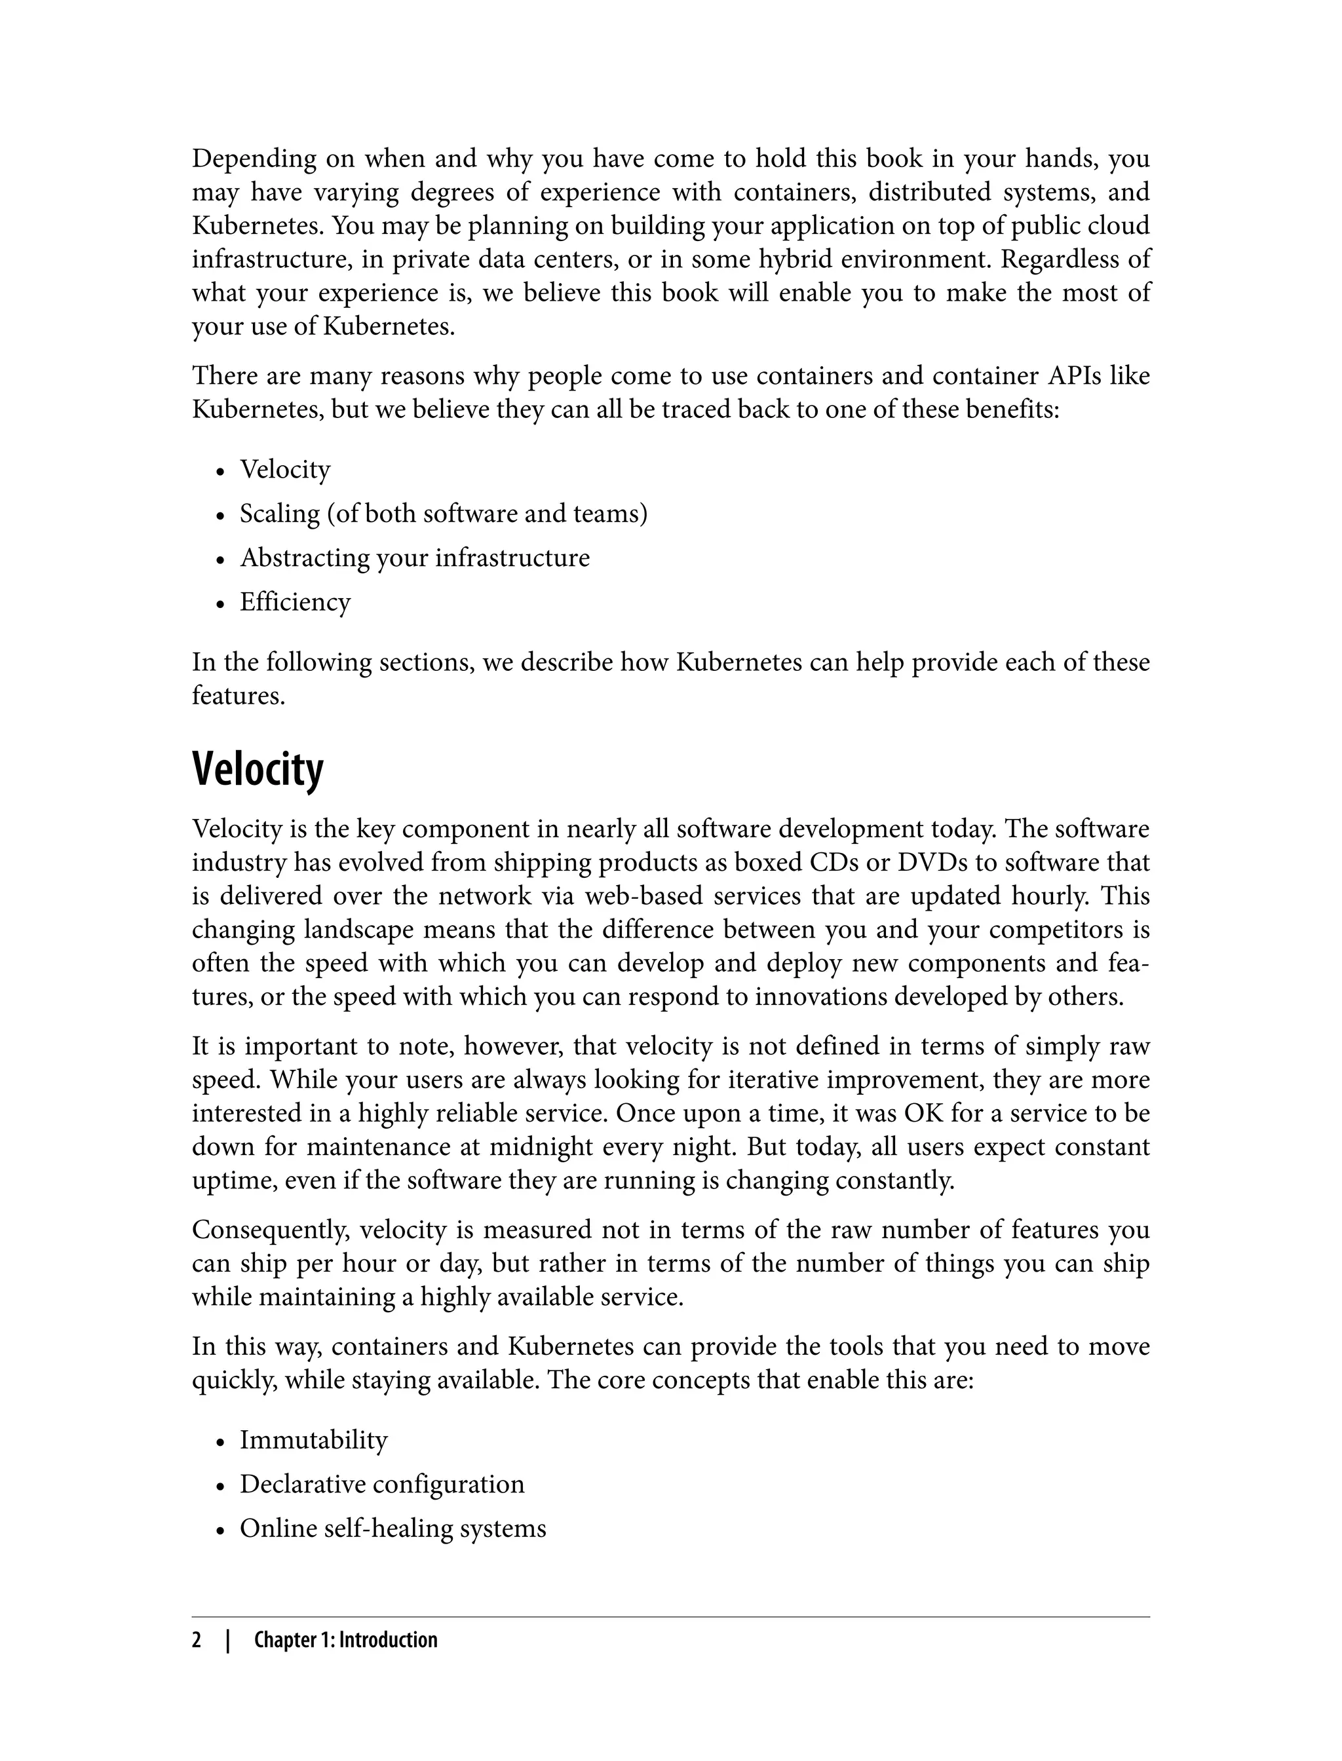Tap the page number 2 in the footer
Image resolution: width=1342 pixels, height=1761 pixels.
(x=197, y=1640)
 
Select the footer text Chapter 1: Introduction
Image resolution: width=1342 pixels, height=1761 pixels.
(x=345, y=1640)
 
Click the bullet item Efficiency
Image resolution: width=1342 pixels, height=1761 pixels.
(x=295, y=601)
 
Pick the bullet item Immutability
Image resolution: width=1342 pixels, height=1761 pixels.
(x=313, y=1439)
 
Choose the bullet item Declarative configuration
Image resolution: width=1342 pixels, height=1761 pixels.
(x=382, y=1483)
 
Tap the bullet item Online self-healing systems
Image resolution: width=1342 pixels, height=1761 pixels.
(x=393, y=1528)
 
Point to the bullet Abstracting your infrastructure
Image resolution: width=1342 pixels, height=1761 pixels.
(x=415, y=558)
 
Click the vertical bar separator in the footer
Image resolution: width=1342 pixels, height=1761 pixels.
(x=227, y=1640)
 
